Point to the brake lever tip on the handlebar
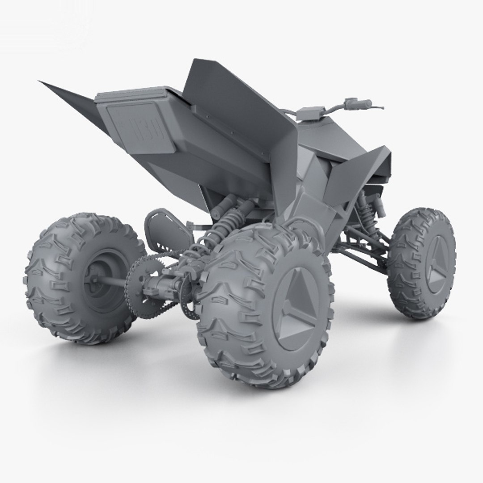click(381, 108)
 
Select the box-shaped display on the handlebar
click(308, 112)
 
